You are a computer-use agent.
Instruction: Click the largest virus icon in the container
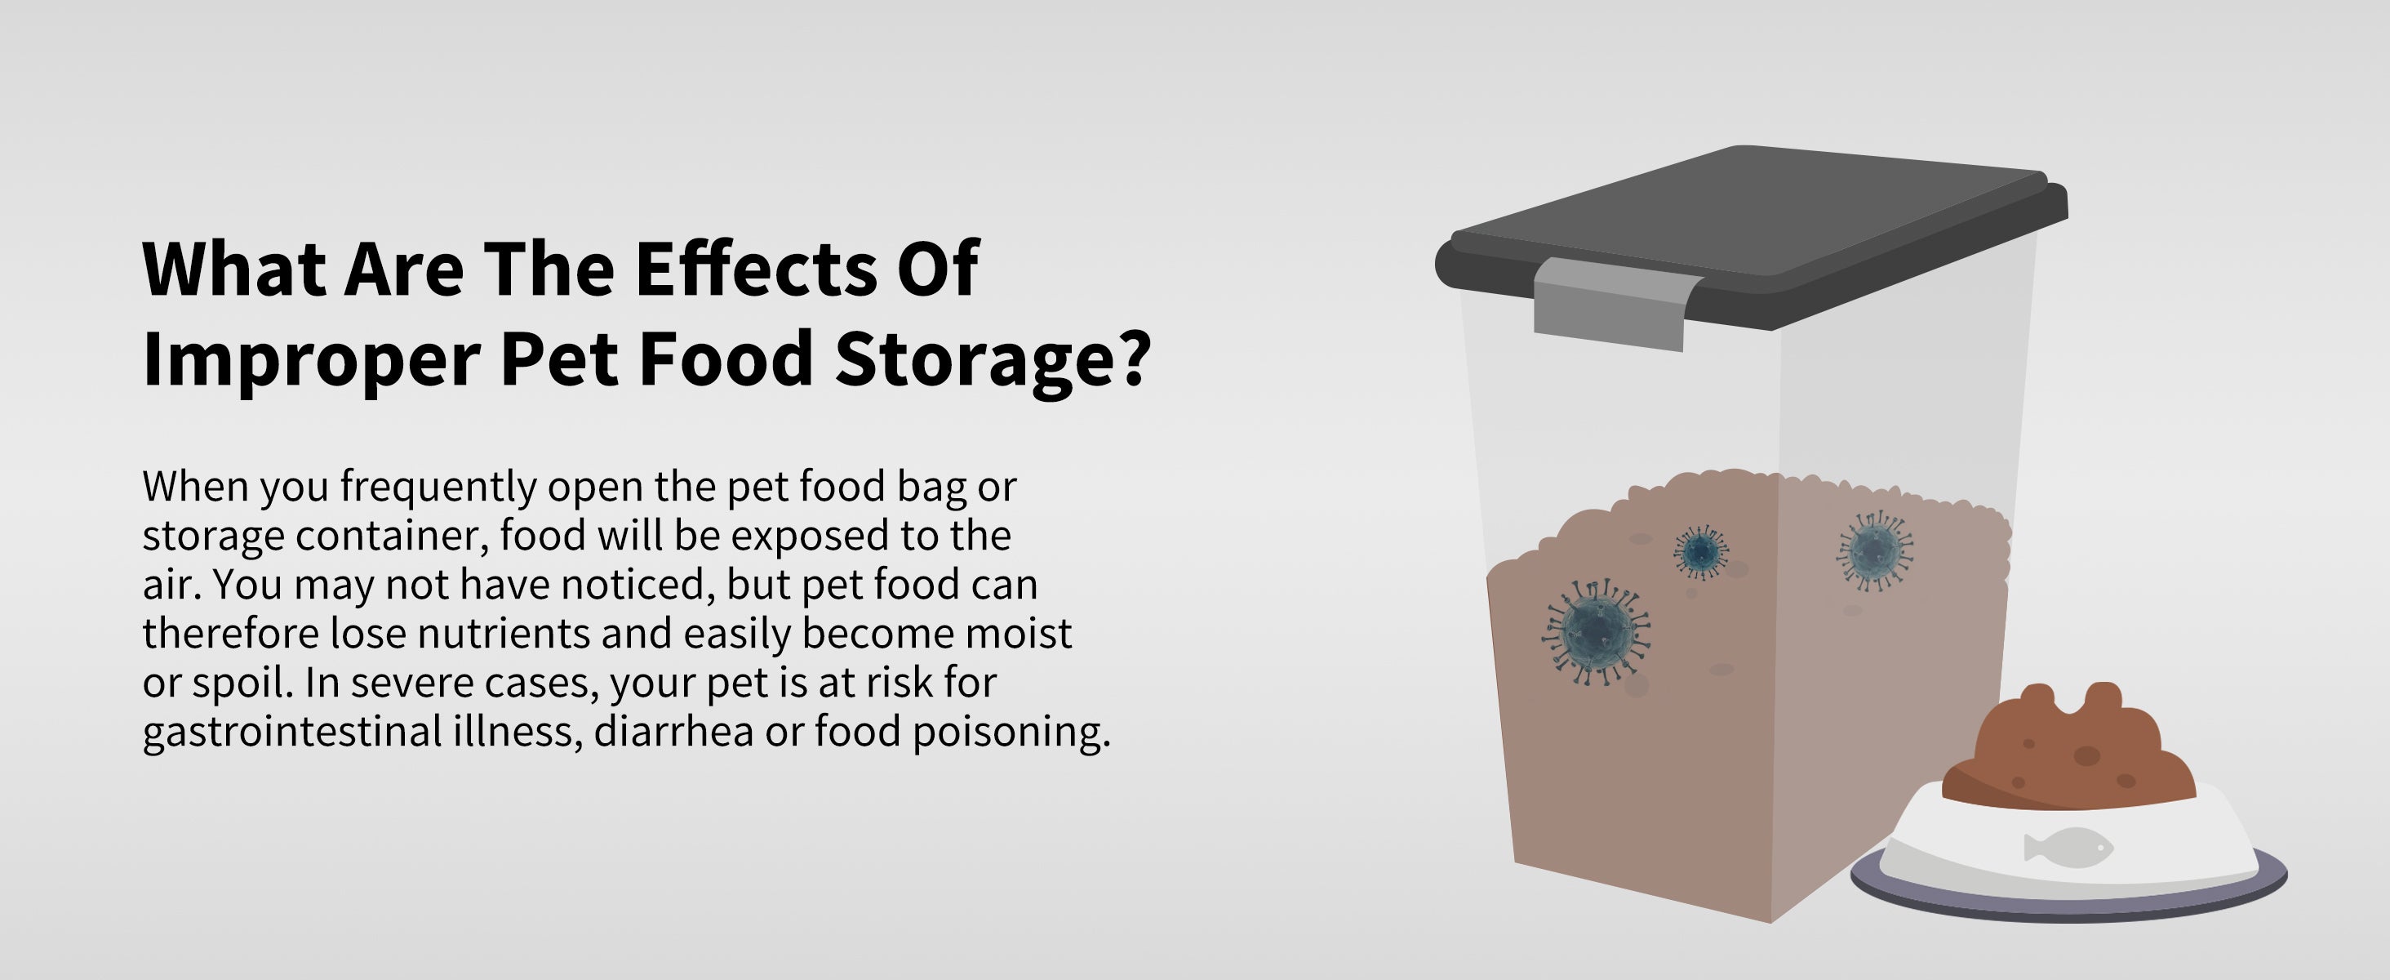pyautogui.click(x=1596, y=631)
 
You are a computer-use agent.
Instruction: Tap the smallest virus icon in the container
pyautogui.click(x=1700, y=552)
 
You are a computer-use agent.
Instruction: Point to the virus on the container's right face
pyautogui.click(x=1874, y=551)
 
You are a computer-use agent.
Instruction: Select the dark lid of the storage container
pyautogui.click(x=1751, y=237)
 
